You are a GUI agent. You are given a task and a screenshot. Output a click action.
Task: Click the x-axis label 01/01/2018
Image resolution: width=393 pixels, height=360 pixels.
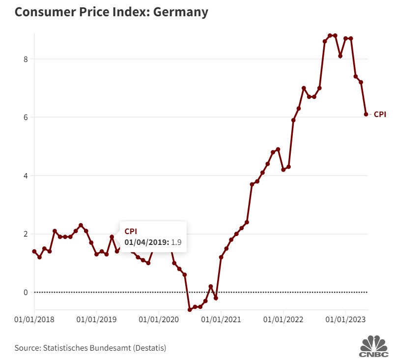(34, 320)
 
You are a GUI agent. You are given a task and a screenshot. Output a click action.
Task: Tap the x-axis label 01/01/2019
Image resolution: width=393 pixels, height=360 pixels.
(96, 320)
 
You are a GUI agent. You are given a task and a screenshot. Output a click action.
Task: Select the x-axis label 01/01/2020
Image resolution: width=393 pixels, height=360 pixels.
(159, 320)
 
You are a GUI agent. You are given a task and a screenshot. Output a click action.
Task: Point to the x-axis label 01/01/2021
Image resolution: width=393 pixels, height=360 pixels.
(221, 320)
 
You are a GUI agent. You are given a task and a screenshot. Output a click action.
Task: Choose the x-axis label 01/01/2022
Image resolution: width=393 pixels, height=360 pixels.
(283, 320)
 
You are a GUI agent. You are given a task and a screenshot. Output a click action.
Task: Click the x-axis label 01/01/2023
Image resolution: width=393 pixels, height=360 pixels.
(345, 320)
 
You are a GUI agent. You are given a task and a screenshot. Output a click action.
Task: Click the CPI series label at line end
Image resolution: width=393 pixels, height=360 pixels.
(380, 114)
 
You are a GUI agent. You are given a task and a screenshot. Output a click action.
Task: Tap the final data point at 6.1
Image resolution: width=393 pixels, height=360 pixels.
(366, 114)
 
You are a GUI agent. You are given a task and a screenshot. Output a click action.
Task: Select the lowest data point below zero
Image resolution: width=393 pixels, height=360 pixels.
(190, 310)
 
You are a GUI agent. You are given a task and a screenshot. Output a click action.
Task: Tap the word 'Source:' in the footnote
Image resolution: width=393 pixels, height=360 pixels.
(28, 348)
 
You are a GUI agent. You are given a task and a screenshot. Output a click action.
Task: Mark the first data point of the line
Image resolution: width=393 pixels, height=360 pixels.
(34, 251)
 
